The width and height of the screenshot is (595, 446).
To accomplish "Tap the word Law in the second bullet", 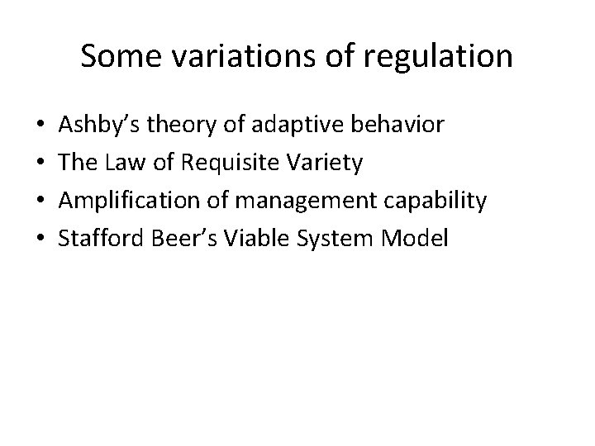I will tap(128, 163).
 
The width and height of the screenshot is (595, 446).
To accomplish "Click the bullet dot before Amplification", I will tap(41, 202).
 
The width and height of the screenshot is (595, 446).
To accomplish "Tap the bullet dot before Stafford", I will tap(41, 240).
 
